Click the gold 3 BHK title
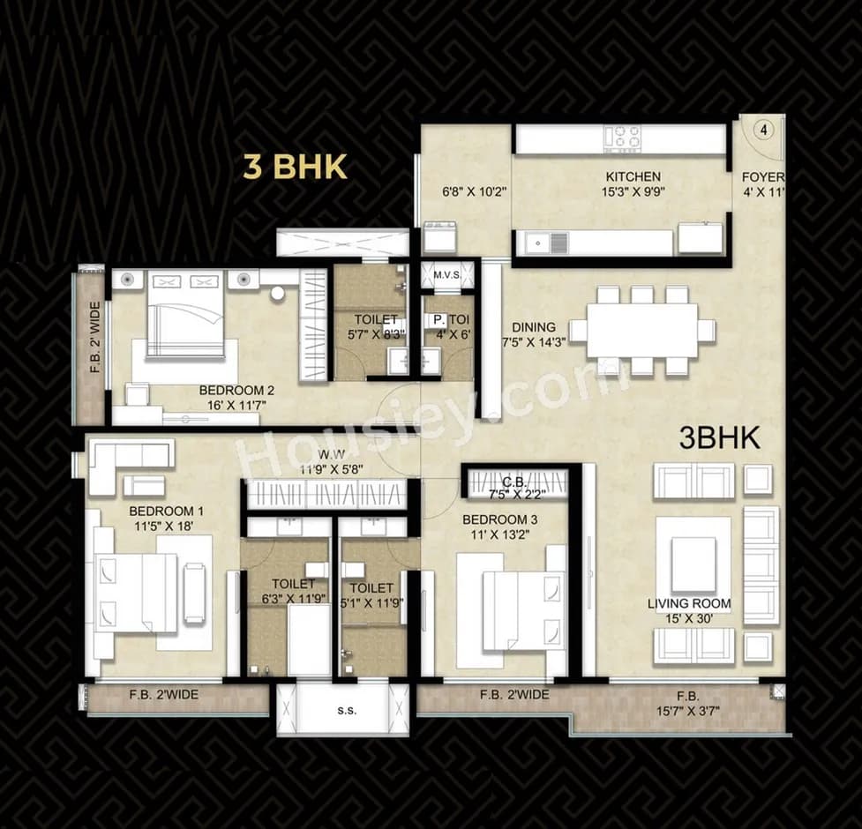295,167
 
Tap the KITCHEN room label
633,177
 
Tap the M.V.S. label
447,275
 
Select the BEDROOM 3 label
500,519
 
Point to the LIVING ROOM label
689,603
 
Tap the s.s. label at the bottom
347,710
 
